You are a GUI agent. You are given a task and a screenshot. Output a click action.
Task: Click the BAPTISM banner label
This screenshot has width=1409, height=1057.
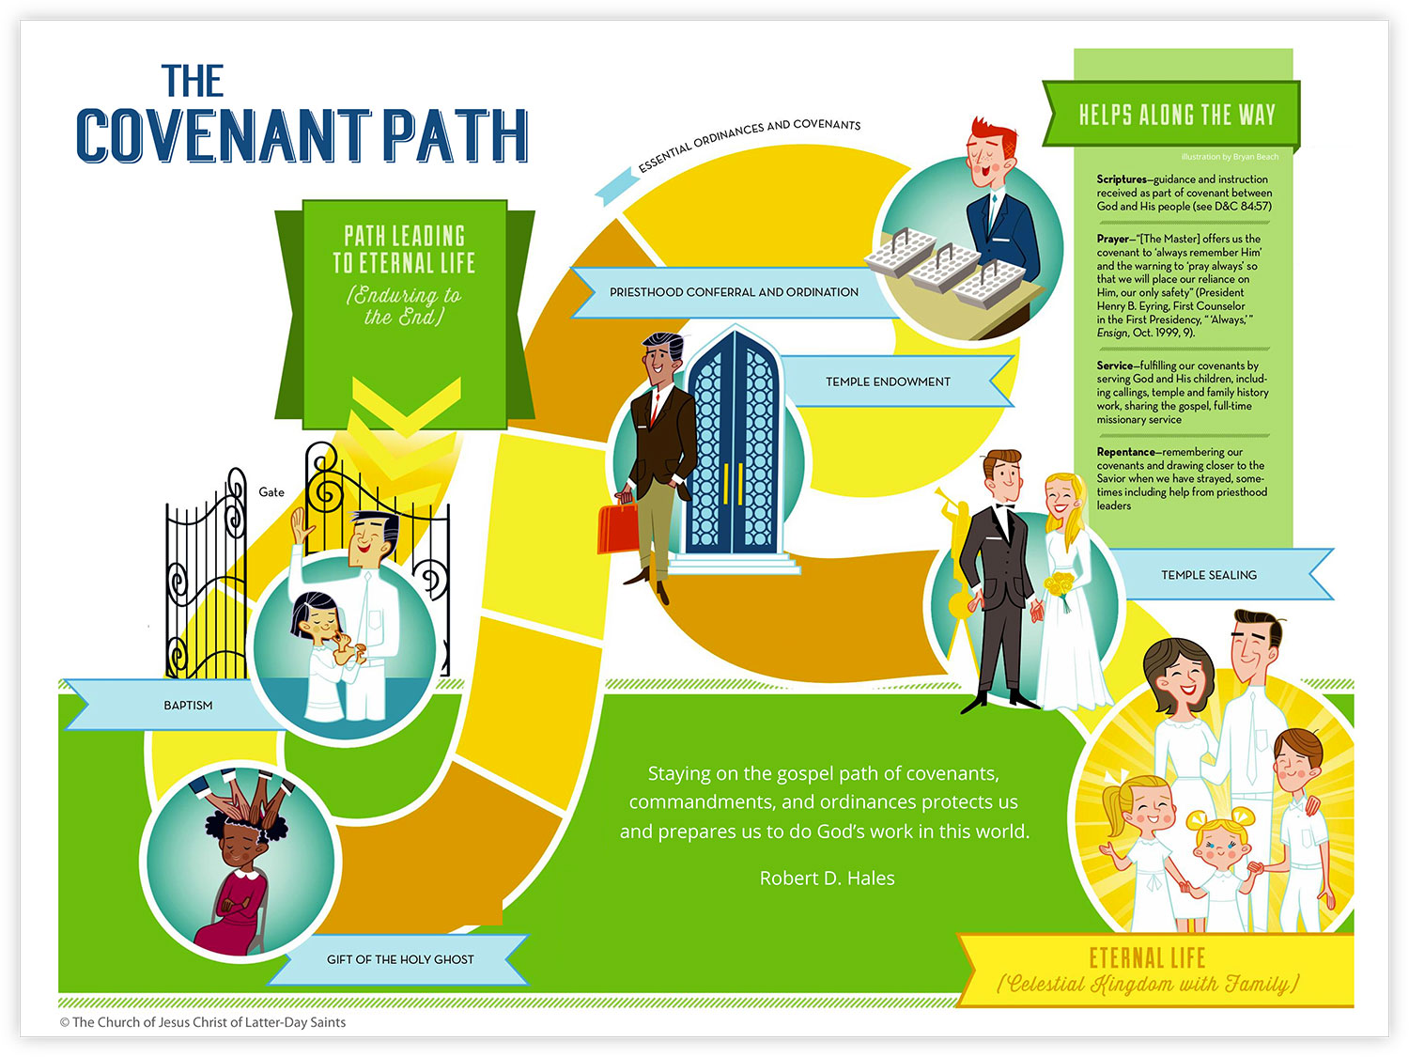tap(188, 706)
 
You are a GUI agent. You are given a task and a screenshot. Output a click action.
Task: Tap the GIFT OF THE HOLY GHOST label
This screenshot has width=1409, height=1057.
tap(400, 959)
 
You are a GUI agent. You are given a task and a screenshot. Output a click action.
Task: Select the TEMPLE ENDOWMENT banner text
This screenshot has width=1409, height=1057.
tap(888, 381)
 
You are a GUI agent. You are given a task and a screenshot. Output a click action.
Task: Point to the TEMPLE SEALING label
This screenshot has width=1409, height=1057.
tap(1209, 575)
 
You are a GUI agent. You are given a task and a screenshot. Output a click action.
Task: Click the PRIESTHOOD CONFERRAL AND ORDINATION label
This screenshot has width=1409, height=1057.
tap(734, 292)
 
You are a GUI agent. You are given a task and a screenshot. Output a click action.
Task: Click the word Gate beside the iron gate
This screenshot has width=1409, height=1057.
tap(271, 492)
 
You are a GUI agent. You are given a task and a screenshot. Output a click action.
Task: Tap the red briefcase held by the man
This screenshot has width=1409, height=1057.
tap(617, 527)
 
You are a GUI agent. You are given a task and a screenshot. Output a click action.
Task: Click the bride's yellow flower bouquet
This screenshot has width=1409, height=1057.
tap(1060, 586)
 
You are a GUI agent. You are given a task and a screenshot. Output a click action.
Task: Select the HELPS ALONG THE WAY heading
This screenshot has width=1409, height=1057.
tap(1177, 115)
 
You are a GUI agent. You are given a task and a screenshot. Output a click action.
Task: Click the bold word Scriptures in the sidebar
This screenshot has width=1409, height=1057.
tap(1122, 179)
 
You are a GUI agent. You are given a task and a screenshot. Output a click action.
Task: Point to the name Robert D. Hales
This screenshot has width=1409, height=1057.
tap(827, 878)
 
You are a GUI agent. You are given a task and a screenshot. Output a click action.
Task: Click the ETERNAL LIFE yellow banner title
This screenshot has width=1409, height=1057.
tap(1147, 958)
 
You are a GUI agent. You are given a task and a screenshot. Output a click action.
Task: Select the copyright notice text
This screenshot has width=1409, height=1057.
tap(203, 1022)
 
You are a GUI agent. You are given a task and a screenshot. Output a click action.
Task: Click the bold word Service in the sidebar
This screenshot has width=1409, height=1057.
tap(1114, 365)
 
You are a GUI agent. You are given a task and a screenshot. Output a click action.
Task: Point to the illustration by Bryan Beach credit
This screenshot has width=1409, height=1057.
tap(1230, 157)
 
